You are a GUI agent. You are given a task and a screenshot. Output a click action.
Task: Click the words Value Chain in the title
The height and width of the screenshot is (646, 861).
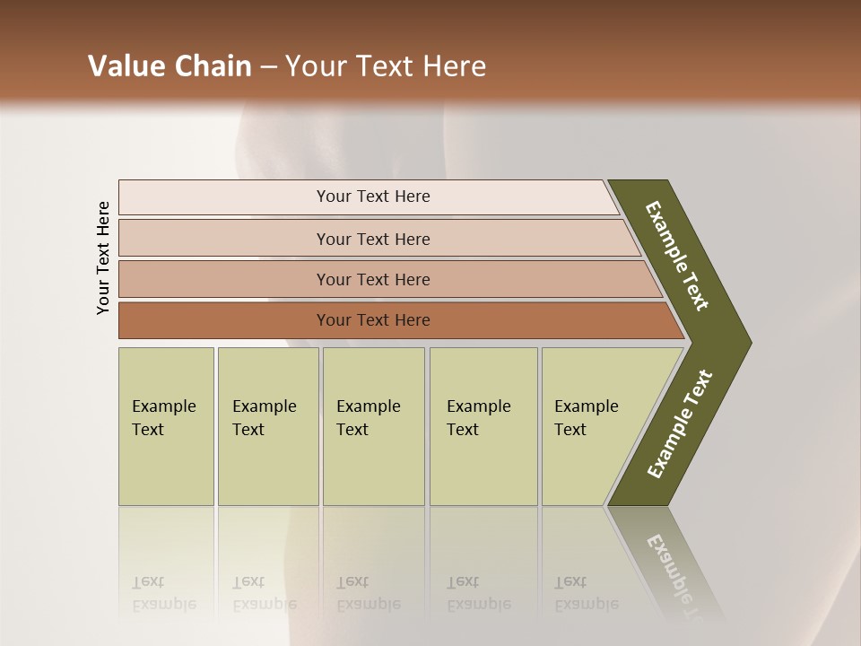170,66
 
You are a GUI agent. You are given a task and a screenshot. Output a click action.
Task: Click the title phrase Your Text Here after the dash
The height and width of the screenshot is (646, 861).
386,66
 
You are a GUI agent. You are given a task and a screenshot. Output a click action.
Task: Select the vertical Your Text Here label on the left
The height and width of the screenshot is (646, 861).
103,258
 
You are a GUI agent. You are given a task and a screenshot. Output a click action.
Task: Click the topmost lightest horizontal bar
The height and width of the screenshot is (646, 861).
224,197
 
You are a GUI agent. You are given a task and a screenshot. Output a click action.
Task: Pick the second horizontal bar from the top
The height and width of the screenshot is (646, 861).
224,239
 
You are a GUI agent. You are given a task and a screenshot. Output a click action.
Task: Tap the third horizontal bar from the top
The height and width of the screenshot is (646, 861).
224,279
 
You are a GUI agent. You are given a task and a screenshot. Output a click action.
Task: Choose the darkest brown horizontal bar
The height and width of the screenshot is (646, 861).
224,320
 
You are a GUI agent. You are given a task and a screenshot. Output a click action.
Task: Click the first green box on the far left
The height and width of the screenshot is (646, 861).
166,426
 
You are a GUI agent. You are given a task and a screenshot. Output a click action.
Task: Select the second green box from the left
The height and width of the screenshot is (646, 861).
267,426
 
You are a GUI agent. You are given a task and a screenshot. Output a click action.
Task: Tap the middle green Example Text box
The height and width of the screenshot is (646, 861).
373,426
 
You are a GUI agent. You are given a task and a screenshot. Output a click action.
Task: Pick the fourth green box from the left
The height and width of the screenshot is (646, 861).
483,426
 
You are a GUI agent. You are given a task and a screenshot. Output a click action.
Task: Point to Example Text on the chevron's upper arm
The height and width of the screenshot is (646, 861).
677,256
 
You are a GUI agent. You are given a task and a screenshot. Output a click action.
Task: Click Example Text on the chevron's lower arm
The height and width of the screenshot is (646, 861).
679,424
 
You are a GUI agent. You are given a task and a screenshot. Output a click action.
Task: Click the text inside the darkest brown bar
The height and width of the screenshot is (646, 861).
373,320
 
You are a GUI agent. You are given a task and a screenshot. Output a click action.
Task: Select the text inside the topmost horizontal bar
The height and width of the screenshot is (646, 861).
373,196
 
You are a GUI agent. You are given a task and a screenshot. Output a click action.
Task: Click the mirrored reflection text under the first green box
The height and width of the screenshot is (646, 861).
163,593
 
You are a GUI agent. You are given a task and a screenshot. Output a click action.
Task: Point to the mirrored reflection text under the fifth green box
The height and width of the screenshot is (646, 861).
587,593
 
